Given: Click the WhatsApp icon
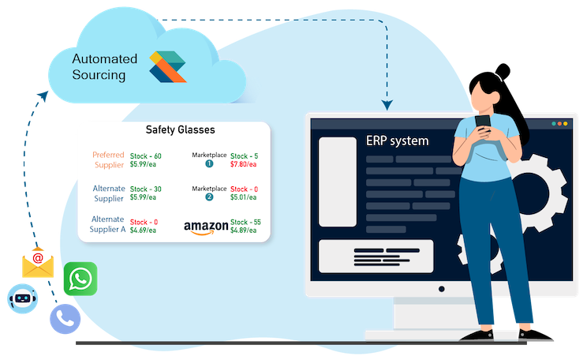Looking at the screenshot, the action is (x=80, y=279).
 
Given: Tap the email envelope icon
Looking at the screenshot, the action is (x=38, y=263).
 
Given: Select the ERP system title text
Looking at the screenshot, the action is (x=398, y=141).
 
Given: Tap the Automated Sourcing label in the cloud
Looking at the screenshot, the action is (x=104, y=67).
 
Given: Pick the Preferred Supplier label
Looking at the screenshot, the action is (x=108, y=159).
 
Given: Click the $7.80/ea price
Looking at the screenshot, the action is (x=244, y=165).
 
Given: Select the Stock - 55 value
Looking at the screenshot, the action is (x=245, y=223).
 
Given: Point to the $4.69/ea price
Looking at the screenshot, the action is (x=143, y=231).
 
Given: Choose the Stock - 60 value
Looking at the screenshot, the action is (x=145, y=156).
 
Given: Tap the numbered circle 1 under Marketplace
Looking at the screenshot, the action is (x=209, y=164).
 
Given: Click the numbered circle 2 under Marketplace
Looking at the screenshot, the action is (x=209, y=197).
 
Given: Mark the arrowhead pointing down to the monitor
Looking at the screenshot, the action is (x=387, y=104).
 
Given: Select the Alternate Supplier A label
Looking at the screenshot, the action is (x=108, y=224).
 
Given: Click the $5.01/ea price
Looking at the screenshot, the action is (x=244, y=198).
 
